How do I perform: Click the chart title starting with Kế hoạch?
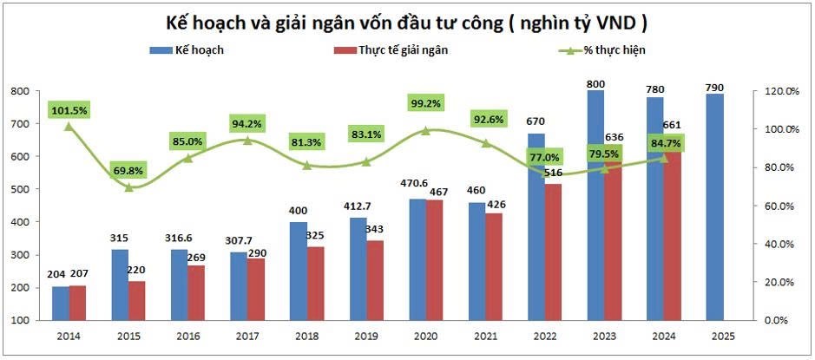click(x=406, y=22)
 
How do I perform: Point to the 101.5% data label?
click(x=69, y=110)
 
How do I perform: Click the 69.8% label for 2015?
click(x=128, y=171)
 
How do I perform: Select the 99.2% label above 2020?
click(x=424, y=103)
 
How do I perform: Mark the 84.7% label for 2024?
click(x=663, y=141)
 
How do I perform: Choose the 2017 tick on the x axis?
click(x=247, y=336)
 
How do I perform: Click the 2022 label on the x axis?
click(x=543, y=336)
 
